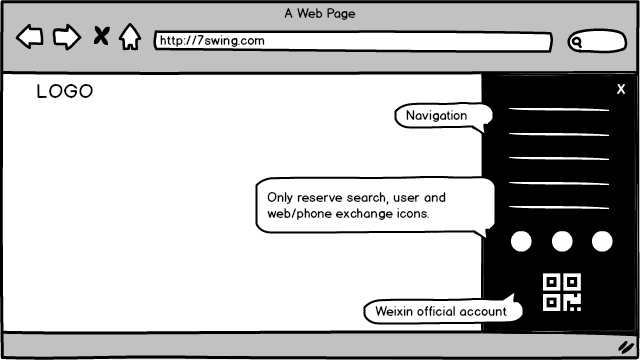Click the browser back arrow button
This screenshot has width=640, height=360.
29,37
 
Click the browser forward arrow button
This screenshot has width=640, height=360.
67,37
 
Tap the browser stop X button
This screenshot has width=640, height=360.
101,36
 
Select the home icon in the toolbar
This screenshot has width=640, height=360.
130,37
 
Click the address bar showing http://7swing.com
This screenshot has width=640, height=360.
353,41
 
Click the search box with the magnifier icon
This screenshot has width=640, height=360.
597,41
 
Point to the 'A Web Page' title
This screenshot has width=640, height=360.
320,13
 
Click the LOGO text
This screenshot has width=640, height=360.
65,91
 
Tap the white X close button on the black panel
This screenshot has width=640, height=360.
621,89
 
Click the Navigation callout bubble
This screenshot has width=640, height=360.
443,116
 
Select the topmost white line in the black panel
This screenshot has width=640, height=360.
559,109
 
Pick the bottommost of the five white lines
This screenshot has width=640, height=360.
559,207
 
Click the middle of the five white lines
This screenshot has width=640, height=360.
559,158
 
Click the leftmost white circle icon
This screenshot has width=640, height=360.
521,241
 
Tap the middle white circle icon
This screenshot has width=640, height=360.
562,241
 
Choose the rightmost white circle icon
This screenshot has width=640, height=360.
602,241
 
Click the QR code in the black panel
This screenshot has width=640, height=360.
562,292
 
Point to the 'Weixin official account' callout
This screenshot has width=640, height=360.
443,311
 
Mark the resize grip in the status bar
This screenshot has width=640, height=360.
626,347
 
